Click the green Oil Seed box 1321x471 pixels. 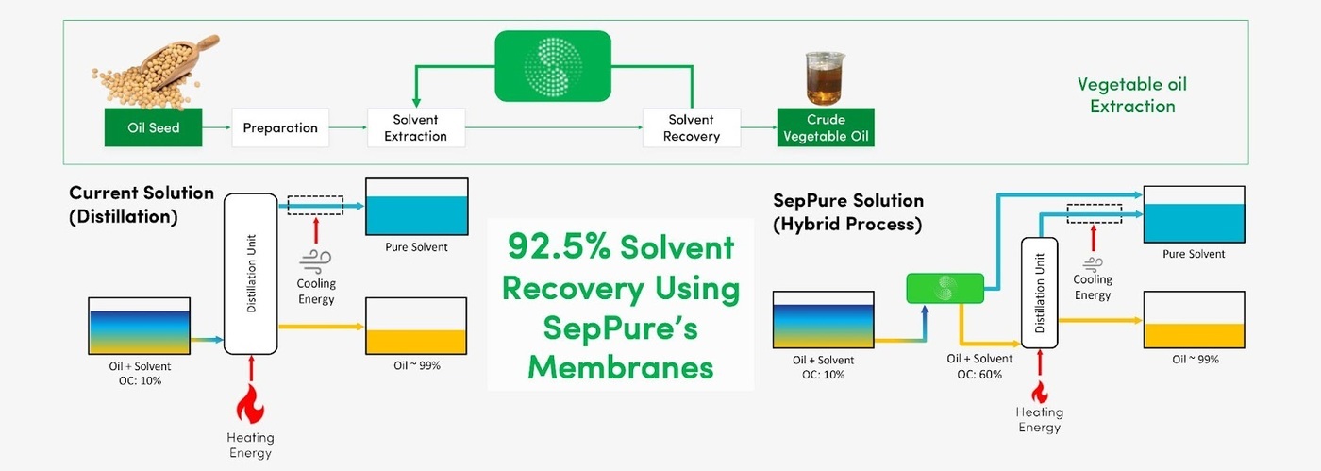coord(154,127)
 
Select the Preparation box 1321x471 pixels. coord(280,127)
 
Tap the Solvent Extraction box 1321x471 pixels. coord(415,127)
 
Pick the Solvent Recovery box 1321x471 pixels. coord(691,127)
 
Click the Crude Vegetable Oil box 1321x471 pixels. coord(826,127)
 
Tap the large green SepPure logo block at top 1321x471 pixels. coord(554,66)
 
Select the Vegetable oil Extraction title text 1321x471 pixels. coord(1132,94)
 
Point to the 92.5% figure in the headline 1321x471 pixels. coord(559,246)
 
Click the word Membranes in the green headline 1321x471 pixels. coord(620,366)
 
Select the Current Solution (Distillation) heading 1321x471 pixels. coord(142,203)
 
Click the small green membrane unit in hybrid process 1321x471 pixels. coord(945,289)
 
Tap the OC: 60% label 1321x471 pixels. coord(979,375)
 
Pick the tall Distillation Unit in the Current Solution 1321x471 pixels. coord(250,273)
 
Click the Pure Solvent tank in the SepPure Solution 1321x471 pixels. coord(1194,216)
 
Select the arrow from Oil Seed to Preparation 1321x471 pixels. coord(218,127)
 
